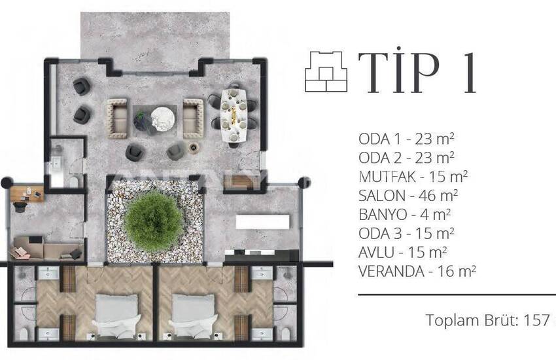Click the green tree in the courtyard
pyautogui.click(x=154, y=221)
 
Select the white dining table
pyautogui.click(x=234, y=115)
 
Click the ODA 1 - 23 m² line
pyautogui.click(x=406, y=139)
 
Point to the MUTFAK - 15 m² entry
pyautogui.click(x=413, y=176)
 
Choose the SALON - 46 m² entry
pyautogui.click(x=408, y=196)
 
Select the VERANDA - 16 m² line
pyautogui.click(x=417, y=272)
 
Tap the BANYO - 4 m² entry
pyautogui.click(x=405, y=215)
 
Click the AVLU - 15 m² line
pyautogui.click(x=402, y=252)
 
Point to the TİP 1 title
pyautogui.click(x=417, y=73)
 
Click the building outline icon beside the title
pyautogui.click(x=326, y=71)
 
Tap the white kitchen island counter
pyautogui.click(x=263, y=222)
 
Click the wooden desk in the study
pyautogui.click(x=27, y=193)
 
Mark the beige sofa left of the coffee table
pyautogui.click(x=117, y=118)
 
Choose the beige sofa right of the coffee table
pyautogui.click(x=193, y=118)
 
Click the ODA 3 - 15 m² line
pyautogui.click(x=406, y=234)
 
